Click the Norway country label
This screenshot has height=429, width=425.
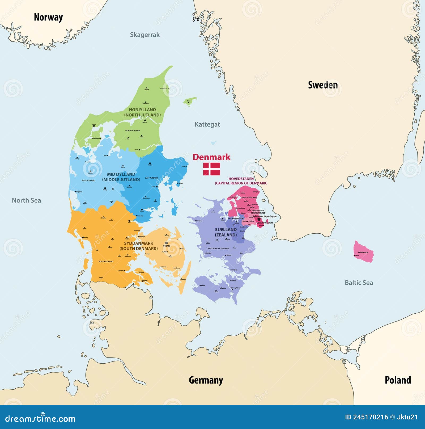click(x=48, y=17)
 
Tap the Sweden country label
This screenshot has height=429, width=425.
click(x=323, y=85)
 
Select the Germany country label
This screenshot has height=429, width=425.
click(x=206, y=380)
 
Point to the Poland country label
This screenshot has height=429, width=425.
click(x=398, y=380)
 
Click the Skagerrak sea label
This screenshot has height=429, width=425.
click(x=145, y=35)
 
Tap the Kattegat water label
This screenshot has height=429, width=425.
click(x=207, y=124)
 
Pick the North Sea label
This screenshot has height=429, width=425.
click(x=26, y=200)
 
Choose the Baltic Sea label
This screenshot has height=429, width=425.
click(x=359, y=283)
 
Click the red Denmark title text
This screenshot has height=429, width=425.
click(x=211, y=157)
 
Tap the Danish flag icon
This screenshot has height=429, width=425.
click(x=211, y=169)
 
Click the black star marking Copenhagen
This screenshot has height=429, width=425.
click(x=259, y=219)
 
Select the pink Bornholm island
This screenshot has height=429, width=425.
click(x=363, y=252)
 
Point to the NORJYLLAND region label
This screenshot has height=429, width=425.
click(x=142, y=110)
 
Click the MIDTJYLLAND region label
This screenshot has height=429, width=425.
click(x=121, y=174)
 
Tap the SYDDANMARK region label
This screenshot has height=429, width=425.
click(x=138, y=243)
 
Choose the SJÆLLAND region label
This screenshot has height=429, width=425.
click(x=226, y=230)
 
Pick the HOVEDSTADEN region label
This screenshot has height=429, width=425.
click(x=241, y=179)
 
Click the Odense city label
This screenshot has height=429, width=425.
click(x=167, y=246)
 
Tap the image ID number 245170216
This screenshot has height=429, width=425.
click(x=371, y=417)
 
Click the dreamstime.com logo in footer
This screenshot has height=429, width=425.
click(x=40, y=419)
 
